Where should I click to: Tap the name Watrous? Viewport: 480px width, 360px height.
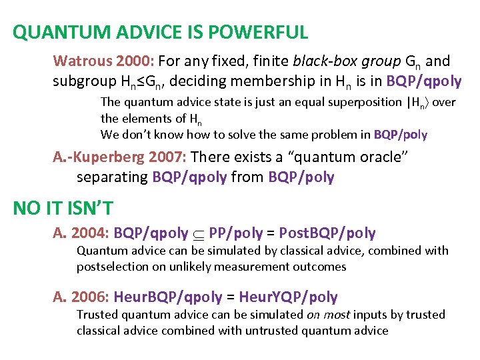coord(82,62)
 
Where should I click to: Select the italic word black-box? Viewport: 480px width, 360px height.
coord(319,62)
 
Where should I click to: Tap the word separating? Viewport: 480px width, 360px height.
coord(113,177)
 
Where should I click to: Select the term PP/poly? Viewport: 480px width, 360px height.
coord(235,233)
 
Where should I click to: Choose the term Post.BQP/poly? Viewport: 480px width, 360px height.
coord(327,233)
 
